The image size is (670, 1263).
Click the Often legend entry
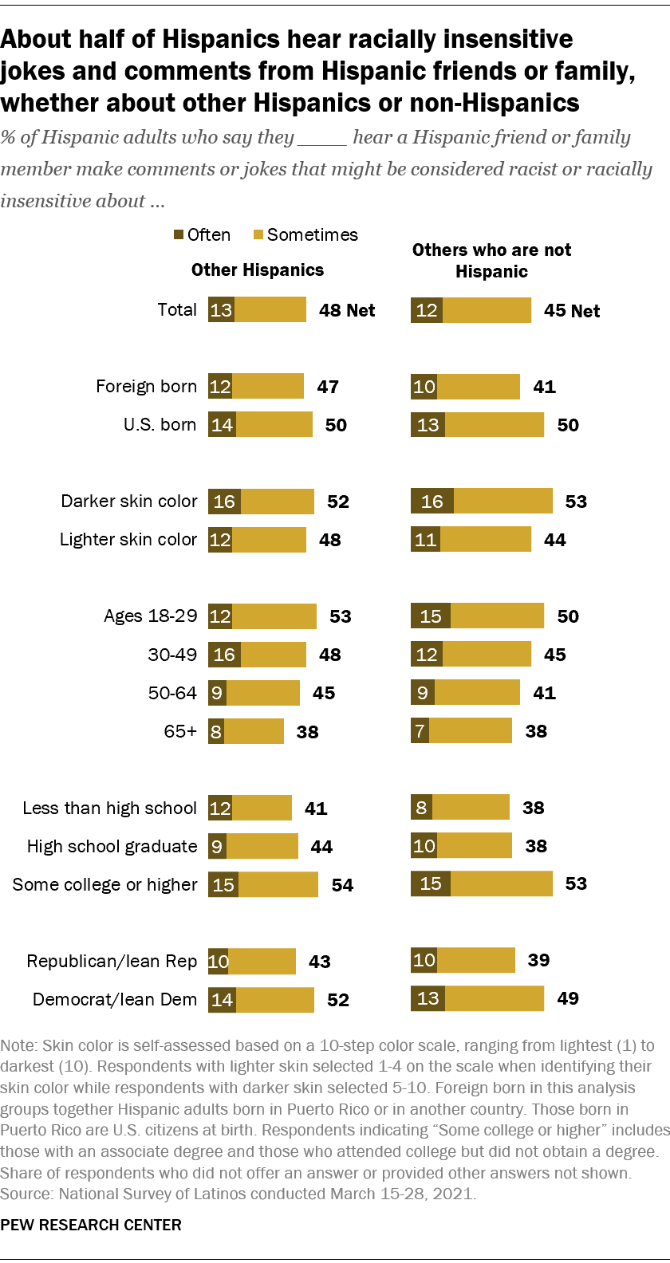tap(203, 234)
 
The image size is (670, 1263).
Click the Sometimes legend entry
tap(305, 234)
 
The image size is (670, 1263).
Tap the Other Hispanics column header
tap(258, 270)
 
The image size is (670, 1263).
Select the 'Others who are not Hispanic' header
tap(491, 261)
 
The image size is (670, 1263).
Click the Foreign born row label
tap(146, 387)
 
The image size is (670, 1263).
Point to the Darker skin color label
tap(129, 502)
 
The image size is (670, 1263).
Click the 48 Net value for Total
tap(347, 310)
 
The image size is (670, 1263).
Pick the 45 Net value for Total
tap(572, 311)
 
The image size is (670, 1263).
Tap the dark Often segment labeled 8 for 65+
tap(216, 731)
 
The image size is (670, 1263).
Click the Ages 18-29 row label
tap(150, 616)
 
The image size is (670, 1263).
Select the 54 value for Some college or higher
tap(342, 885)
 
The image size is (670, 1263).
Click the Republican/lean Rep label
tap(112, 962)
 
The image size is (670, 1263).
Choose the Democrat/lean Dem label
tap(115, 1000)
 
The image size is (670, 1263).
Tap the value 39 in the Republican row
tap(538, 960)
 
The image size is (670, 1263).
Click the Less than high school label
tap(110, 809)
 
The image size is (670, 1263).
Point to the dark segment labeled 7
tap(420, 730)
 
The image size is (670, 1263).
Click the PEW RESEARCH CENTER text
tap(91, 1225)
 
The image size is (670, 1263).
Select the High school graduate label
tap(112, 847)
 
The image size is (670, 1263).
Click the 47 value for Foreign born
tap(328, 387)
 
